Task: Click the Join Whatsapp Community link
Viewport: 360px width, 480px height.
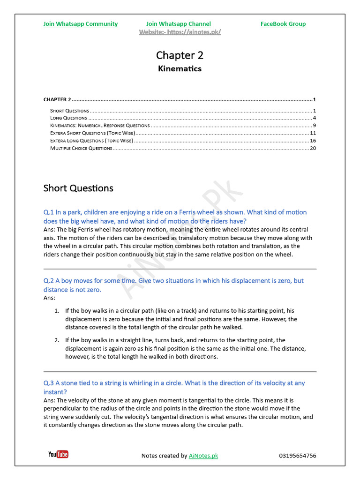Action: pos(80,24)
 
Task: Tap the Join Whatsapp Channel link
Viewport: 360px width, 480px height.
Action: pos(178,24)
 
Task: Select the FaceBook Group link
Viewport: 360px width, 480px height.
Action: pos(283,24)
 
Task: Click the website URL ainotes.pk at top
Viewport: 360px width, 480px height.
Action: pos(180,32)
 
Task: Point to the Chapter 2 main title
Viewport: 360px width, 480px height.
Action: pos(180,55)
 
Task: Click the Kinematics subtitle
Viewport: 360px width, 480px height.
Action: pos(180,68)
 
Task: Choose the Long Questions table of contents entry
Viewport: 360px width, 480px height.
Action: pos(68,118)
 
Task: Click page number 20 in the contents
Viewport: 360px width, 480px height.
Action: pos(313,148)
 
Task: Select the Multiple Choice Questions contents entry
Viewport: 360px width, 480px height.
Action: pos(81,148)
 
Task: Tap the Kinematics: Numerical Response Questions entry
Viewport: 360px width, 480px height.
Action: pos(100,126)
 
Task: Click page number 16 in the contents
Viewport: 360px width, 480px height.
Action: pos(313,141)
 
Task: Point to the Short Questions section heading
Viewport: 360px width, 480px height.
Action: pos(78,188)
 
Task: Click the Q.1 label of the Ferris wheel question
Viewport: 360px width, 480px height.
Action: pos(49,212)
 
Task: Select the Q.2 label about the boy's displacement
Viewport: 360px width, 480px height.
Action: pos(49,281)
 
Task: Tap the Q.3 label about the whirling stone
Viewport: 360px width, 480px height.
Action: pos(49,383)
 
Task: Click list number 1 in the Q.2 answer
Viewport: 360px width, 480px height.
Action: pos(56,311)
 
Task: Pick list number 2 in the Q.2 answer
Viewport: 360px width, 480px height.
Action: pos(56,340)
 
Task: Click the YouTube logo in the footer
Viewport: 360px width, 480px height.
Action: pos(58,454)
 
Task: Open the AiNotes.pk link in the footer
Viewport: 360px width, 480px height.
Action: pos(203,456)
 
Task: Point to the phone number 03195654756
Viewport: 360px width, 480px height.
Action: pos(297,456)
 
